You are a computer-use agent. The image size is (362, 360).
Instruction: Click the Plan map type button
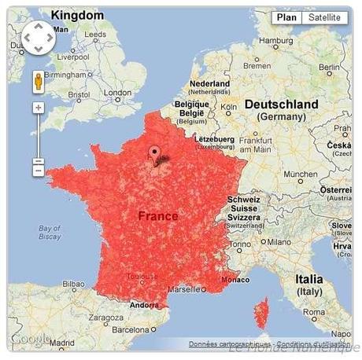click(287, 17)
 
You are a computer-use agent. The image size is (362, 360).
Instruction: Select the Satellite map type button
click(324, 17)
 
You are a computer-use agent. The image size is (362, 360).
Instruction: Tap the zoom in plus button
click(38, 107)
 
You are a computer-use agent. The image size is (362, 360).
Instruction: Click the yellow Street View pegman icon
click(38, 82)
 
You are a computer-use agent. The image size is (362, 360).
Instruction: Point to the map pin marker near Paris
click(154, 154)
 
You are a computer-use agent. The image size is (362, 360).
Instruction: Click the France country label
click(157, 215)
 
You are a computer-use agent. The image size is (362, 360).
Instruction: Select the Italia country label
click(308, 279)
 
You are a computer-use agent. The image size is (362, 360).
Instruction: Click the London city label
click(117, 93)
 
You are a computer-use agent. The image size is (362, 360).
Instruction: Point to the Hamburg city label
click(275, 41)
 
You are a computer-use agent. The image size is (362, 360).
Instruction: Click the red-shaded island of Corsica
click(261, 313)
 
